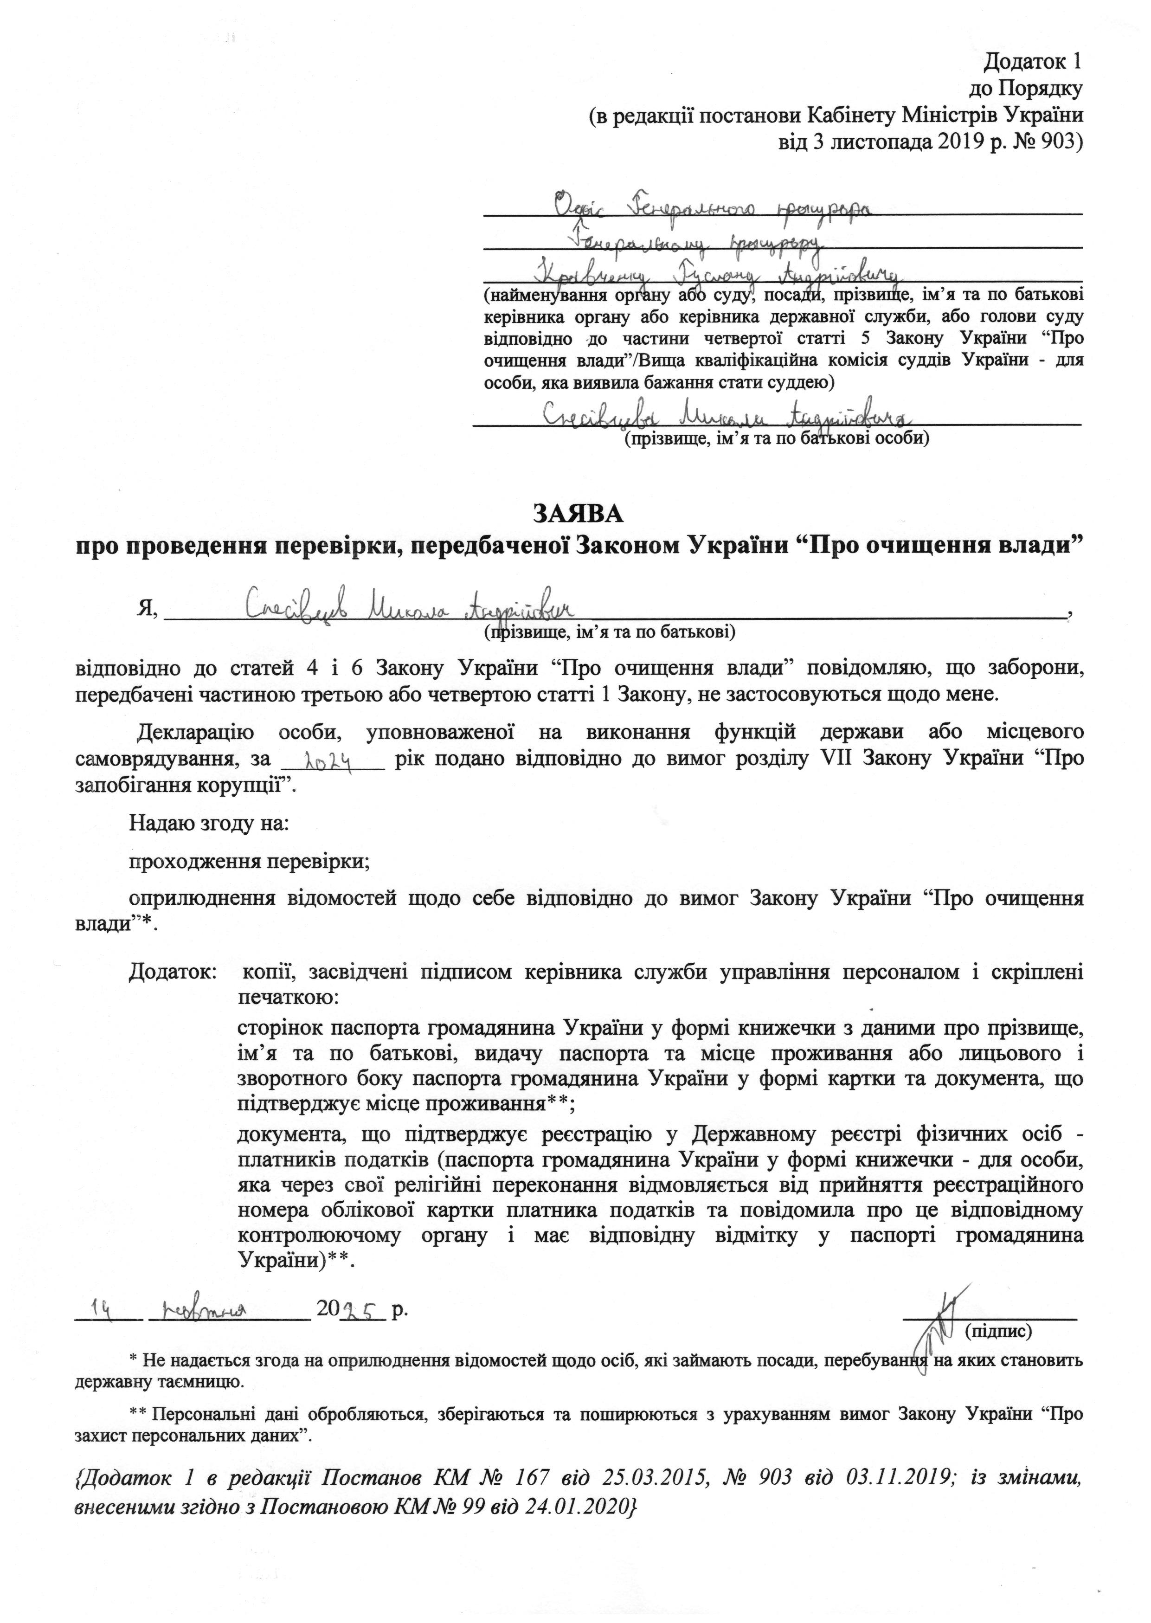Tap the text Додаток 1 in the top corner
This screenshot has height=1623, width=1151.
[x=1033, y=62]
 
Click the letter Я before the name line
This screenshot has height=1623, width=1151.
[x=146, y=608]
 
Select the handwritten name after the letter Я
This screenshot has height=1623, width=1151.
[x=411, y=606]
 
